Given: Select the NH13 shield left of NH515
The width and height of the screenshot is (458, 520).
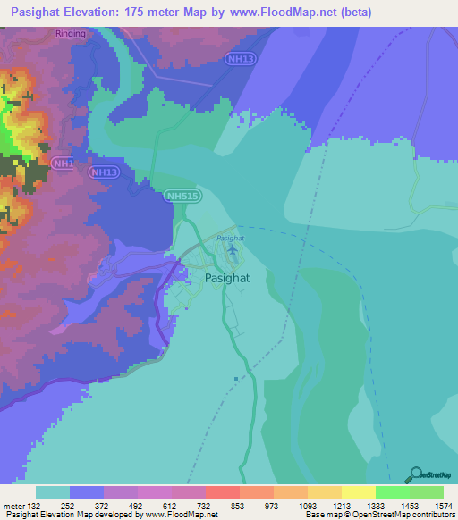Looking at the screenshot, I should (105, 172).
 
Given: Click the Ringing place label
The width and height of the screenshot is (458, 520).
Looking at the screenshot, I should (72, 34).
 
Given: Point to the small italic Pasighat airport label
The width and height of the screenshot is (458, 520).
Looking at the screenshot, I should (231, 238).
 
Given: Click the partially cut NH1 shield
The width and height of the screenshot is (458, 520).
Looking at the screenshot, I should (63, 164).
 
